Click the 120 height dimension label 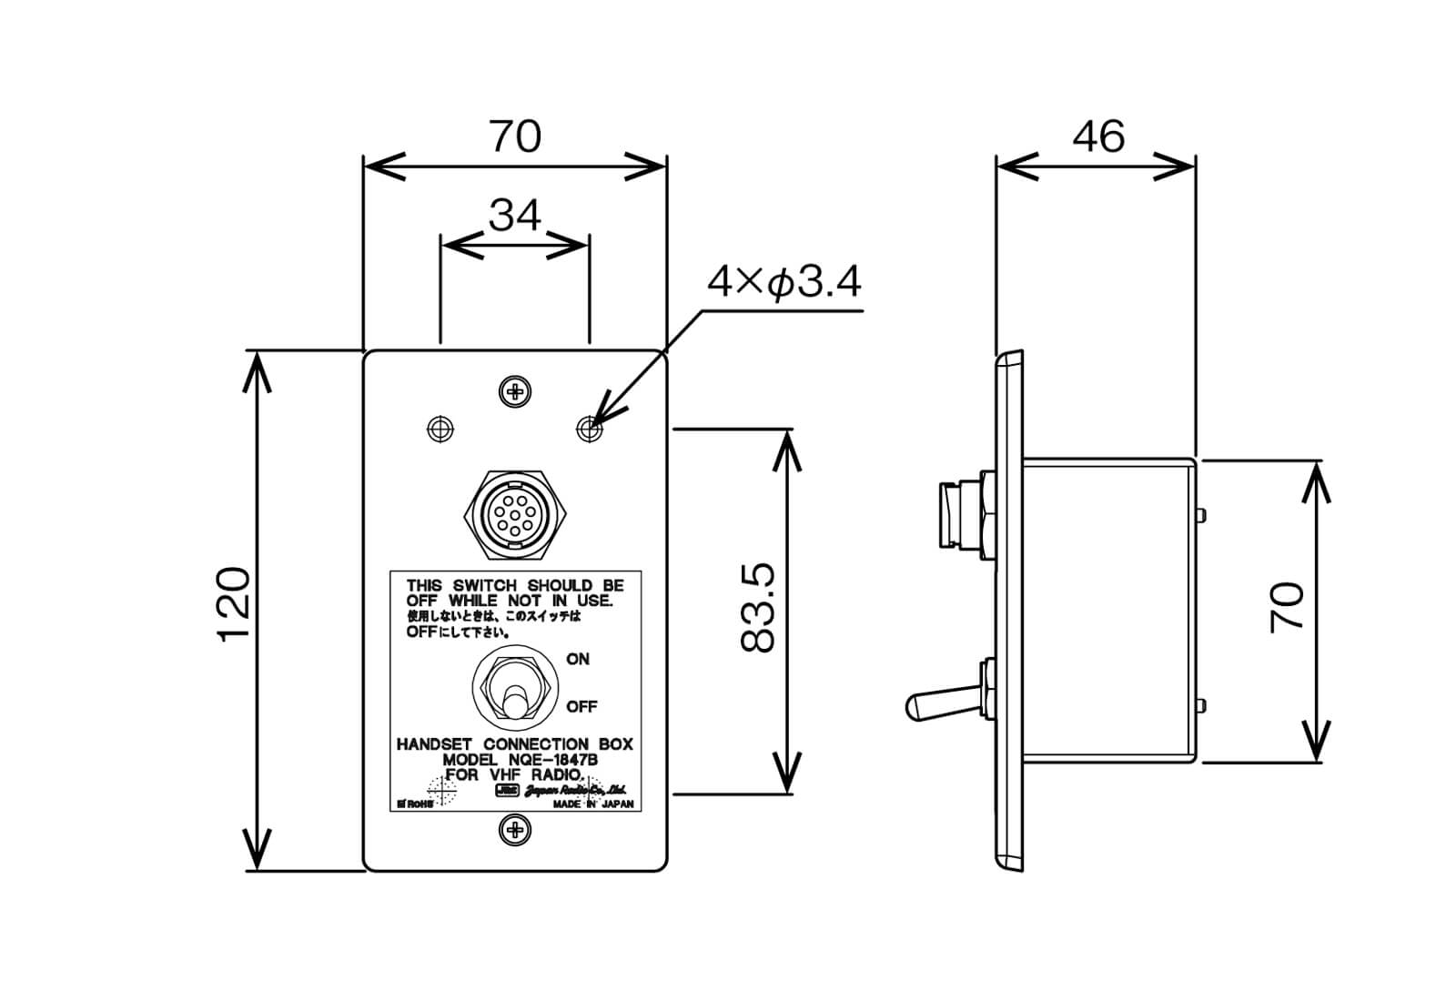233,604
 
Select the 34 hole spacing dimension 514,216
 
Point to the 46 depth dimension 1097,136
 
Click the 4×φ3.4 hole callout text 784,283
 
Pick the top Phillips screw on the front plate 516,392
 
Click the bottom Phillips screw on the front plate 516,829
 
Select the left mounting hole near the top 440,428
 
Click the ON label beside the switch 578,659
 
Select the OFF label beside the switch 581,706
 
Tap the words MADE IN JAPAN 592,804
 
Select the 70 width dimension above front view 515,136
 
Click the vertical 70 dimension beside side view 1287,607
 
